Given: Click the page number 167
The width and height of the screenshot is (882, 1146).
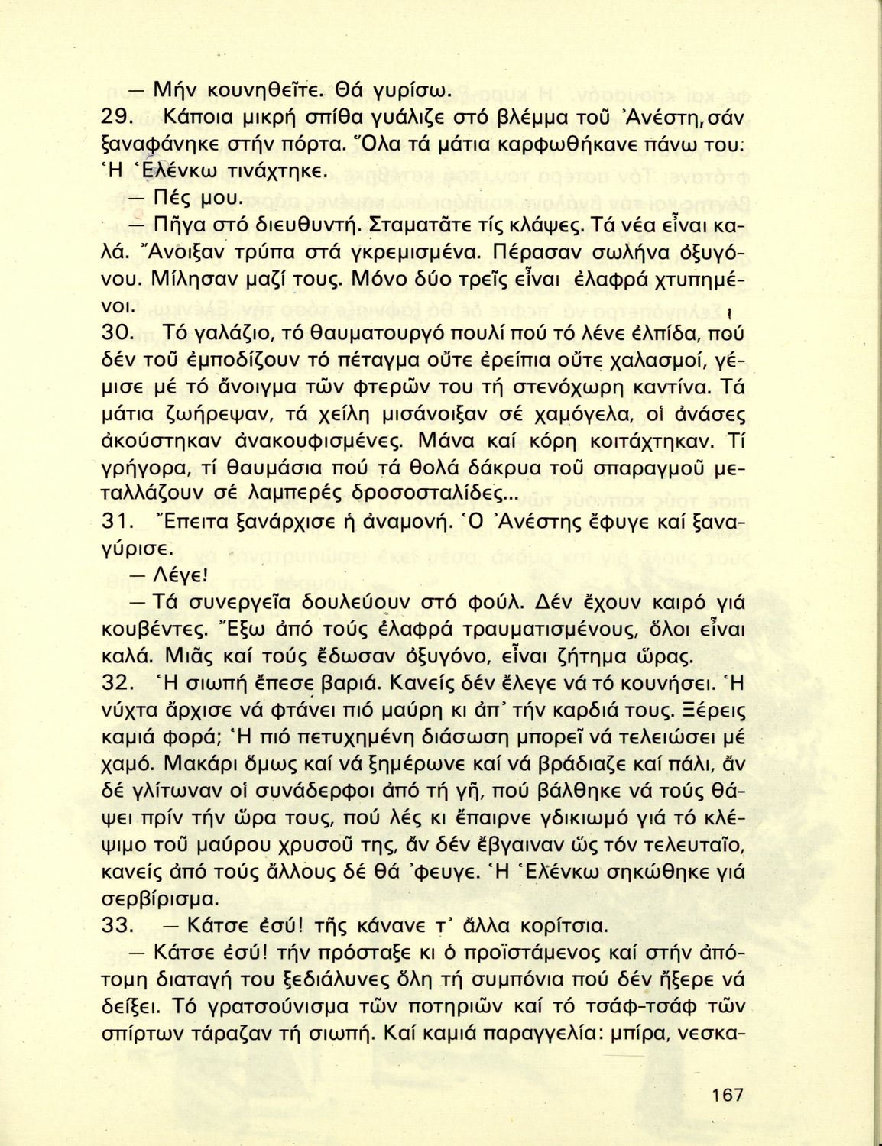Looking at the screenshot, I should pos(727,1095).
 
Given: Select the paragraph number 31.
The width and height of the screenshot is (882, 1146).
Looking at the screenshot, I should pos(118,522).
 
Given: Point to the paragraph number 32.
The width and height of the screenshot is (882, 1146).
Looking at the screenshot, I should pos(118,682).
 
